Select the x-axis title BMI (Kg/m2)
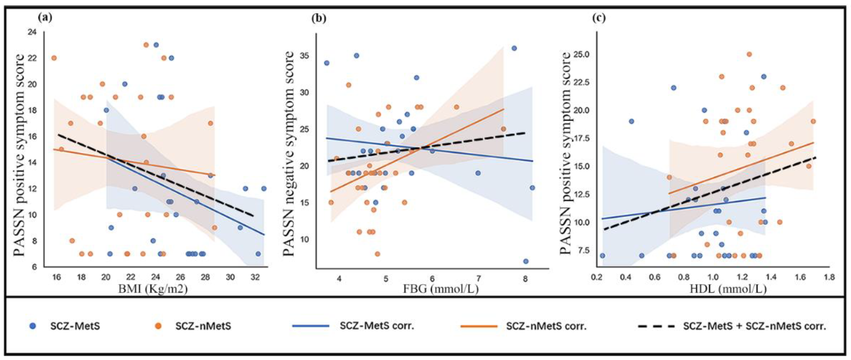point(153,289)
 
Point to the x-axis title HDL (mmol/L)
point(728,289)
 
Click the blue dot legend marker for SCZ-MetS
point(32,326)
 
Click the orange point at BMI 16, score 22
point(54,58)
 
